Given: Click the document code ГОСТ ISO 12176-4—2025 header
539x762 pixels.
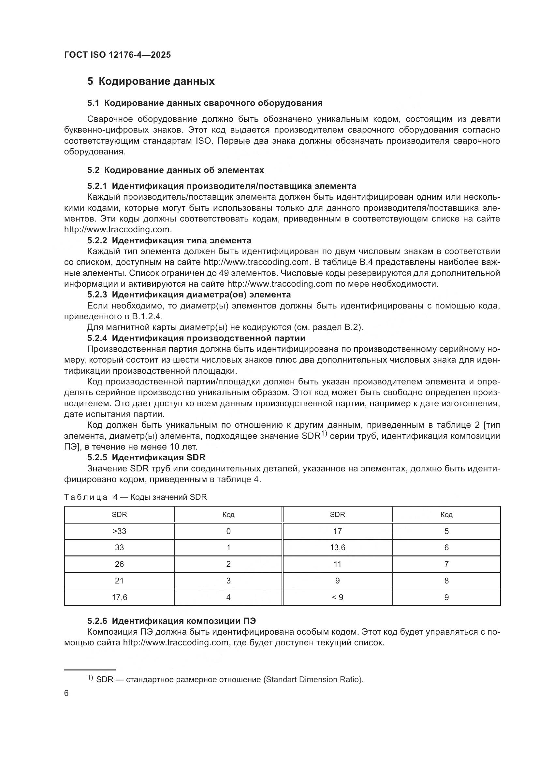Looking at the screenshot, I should click(x=117, y=55).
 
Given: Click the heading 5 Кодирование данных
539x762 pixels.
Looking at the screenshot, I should click(x=151, y=81).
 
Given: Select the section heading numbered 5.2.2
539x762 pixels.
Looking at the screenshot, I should click(x=169, y=240).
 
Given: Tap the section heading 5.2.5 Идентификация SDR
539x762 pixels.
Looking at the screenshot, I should click(x=146, y=457).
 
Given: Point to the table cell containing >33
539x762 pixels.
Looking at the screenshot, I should click(x=119, y=531).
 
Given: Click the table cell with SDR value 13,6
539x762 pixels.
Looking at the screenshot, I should click(x=337, y=548).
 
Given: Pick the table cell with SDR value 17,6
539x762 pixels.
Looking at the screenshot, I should click(x=119, y=597).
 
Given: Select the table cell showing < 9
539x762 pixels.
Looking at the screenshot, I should click(x=337, y=597).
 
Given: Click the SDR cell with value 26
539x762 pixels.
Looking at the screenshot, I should click(x=119, y=564).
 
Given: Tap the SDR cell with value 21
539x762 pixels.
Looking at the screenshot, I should click(x=119, y=581).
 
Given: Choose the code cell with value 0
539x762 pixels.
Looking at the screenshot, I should click(x=228, y=531).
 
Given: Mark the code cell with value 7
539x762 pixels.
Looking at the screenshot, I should click(x=446, y=564).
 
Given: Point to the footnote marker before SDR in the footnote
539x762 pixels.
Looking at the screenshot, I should click(x=90, y=678).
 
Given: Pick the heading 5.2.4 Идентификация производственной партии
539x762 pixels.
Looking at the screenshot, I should click(x=196, y=338).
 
